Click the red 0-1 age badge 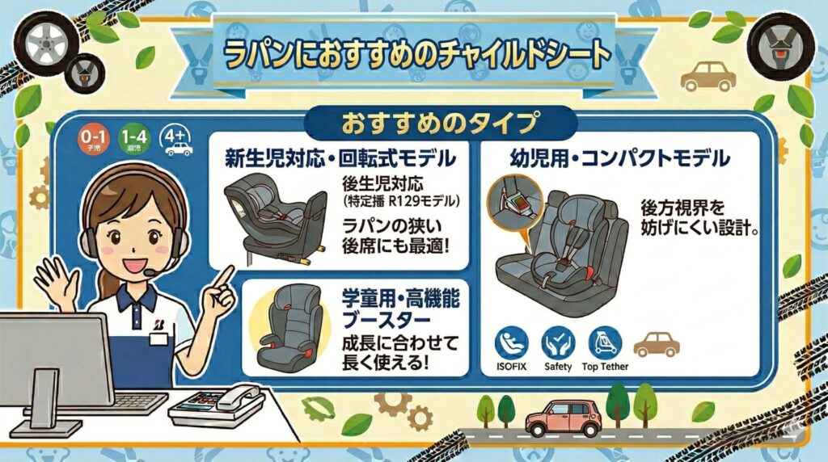(x=94, y=141)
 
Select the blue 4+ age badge (x=177, y=141)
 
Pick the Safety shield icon (x=557, y=343)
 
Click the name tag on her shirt (x=158, y=339)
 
